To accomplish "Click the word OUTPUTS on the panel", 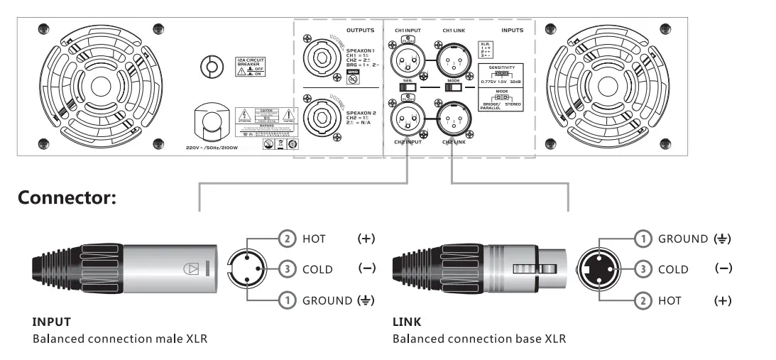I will (x=361, y=31).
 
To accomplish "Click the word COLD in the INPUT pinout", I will (x=318, y=270).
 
